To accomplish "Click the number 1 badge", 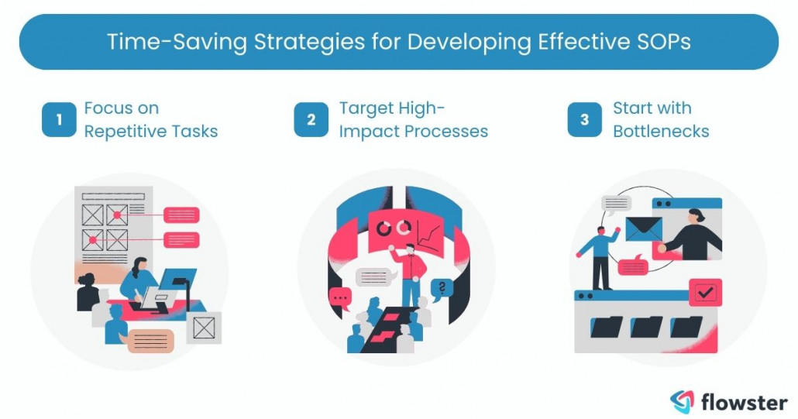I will tap(59, 120).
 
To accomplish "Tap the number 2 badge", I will tap(311, 120).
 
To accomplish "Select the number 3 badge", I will tap(584, 120).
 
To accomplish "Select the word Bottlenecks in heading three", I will tap(661, 131).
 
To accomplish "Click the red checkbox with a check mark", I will tap(705, 293).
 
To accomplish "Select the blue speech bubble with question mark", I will tap(441, 288).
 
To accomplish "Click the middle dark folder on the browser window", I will tap(645, 328).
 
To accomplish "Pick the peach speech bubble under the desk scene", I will tap(151, 340).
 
